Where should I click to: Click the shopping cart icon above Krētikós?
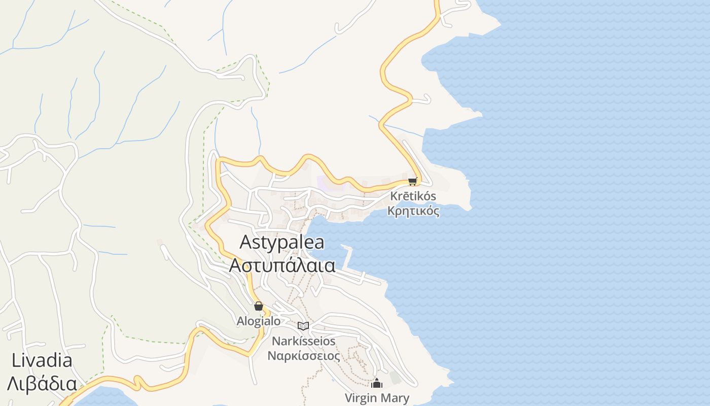pyautogui.click(x=412, y=181)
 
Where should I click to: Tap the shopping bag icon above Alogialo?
pyautogui.click(x=259, y=306)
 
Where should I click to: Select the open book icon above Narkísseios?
pyautogui.click(x=303, y=326)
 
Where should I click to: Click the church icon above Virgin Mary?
pyautogui.click(x=376, y=383)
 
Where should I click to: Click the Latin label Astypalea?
pyautogui.click(x=281, y=242)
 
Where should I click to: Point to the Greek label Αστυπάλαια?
pyautogui.click(x=282, y=265)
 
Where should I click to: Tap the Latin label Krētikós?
pyautogui.click(x=413, y=196)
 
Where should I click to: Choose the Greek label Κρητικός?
pyautogui.click(x=413, y=211)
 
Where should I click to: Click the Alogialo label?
pyautogui.click(x=259, y=321)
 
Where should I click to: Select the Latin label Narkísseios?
pyautogui.click(x=304, y=341)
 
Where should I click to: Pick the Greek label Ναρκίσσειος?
pyautogui.click(x=304, y=355)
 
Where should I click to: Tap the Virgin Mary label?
pyautogui.click(x=377, y=398)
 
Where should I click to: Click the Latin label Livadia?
pyautogui.click(x=42, y=361)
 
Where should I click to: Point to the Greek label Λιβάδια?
pyautogui.click(x=42, y=383)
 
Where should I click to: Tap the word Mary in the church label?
pyautogui.click(x=394, y=398)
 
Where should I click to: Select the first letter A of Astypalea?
pyautogui.click(x=246, y=242)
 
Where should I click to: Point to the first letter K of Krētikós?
pyautogui.click(x=394, y=196)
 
